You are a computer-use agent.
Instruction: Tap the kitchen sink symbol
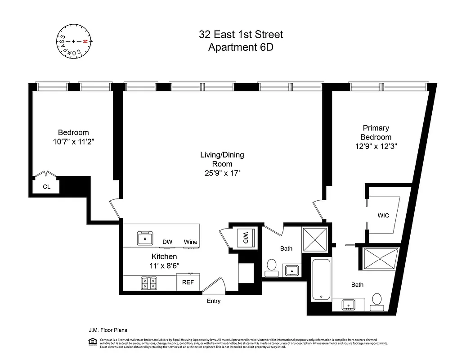pos(145,238)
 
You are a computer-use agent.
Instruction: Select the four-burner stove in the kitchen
pos(148,283)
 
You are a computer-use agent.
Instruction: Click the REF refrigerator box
pos(188,283)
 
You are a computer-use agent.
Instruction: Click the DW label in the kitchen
pos(167,242)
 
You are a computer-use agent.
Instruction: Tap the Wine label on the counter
pos(190,242)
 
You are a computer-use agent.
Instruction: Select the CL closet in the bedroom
pos(46,186)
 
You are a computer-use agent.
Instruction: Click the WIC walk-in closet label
pos(383,216)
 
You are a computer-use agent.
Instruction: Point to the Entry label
pos(213,301)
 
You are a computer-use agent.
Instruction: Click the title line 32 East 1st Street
pos(241,35)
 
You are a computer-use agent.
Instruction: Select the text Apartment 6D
pos(241,48)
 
